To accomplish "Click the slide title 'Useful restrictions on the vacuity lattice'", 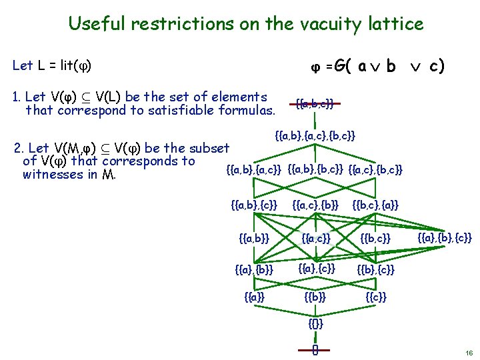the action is [245, 25].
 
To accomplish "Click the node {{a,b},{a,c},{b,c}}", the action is [315, 136].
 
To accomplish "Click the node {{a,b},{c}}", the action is [253, 204].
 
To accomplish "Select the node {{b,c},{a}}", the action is [375, 204].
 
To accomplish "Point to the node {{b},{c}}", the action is [376, 269].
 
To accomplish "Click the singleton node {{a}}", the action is [254, 296].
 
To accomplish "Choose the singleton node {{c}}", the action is [376, 296].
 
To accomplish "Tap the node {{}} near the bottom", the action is [316, 325].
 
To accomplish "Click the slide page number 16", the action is [469, 353].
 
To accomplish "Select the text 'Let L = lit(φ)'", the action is [52, 65].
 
